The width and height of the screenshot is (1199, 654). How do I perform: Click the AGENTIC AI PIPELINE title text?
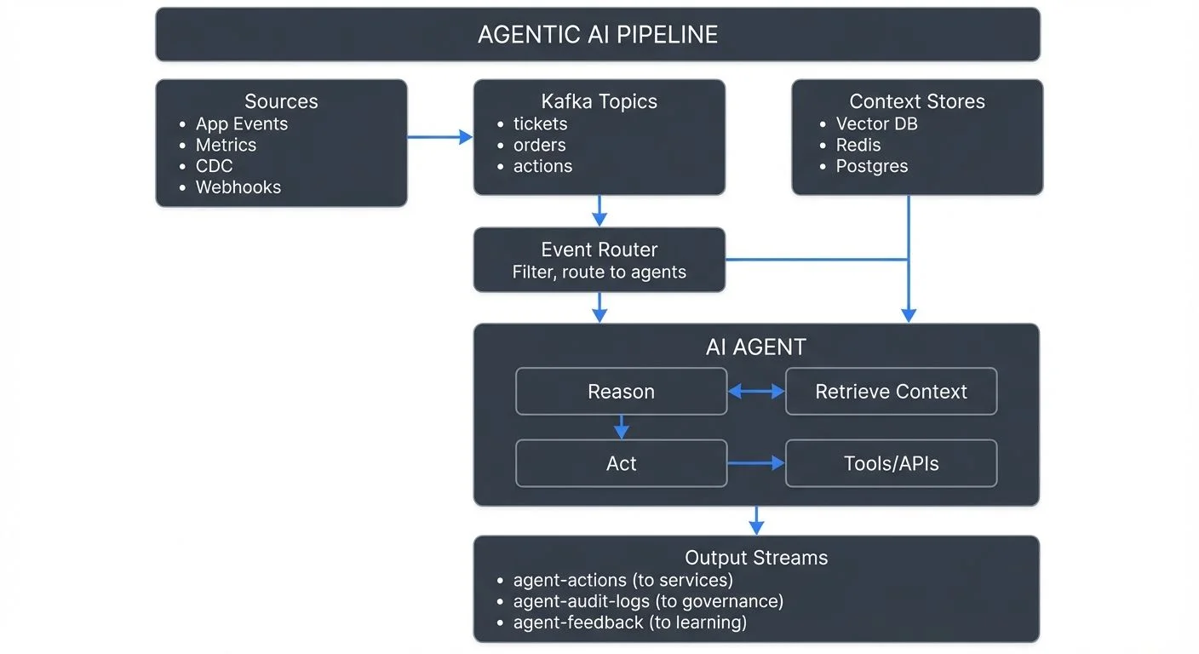coord(598,34)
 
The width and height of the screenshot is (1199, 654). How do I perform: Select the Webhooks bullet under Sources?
coord(238,187)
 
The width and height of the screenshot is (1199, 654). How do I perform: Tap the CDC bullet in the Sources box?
coord(214,166)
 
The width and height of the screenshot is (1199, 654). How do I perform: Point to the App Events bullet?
coord(242,123)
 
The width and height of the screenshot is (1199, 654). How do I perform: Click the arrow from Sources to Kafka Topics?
coord(439,136)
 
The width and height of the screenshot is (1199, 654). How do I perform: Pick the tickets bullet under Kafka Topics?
coord(540,123)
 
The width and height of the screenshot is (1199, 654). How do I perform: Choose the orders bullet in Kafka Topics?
coord(539,145)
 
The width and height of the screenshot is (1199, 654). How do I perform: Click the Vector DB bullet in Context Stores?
coord(876,123)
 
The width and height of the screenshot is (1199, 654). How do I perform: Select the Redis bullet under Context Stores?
coord(858,145)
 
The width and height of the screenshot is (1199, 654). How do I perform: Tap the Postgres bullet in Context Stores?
coord(872,166)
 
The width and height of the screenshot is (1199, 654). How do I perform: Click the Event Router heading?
coord(599,250)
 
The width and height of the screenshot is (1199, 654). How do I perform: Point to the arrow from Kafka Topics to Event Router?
coord(599,210)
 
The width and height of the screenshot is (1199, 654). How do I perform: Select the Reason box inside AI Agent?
coord(621,392)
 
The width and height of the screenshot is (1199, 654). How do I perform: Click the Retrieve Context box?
coord(891,392)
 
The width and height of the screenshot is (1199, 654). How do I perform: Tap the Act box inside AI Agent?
coord(621,463)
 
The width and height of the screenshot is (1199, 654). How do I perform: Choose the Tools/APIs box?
coord(891,463)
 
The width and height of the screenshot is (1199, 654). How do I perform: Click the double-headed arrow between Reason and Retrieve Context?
coord(756,392)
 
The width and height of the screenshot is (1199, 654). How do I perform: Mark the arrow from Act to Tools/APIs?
coord(756,463)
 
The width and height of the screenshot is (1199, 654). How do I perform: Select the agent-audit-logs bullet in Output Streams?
coord(647,601)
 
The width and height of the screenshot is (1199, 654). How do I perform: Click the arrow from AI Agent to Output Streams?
coord(756,520)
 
